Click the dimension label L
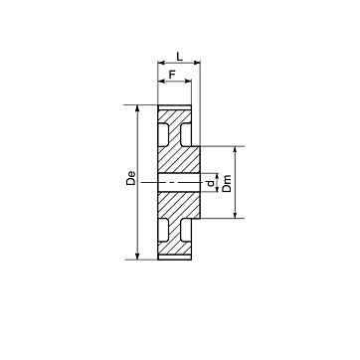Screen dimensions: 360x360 (179, 57)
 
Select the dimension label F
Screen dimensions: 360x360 (172, 75)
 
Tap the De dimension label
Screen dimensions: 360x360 (131, 178)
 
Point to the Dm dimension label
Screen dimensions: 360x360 (227, 183)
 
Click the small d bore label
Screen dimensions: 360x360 (210, 183)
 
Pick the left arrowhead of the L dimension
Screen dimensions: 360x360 (161, 63)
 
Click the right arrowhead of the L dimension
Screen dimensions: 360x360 (197, 63)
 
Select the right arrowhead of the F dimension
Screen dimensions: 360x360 (188, 81)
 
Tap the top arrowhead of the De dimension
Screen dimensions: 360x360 (137, 108)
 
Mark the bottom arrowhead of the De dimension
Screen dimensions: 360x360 (137, 256)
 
